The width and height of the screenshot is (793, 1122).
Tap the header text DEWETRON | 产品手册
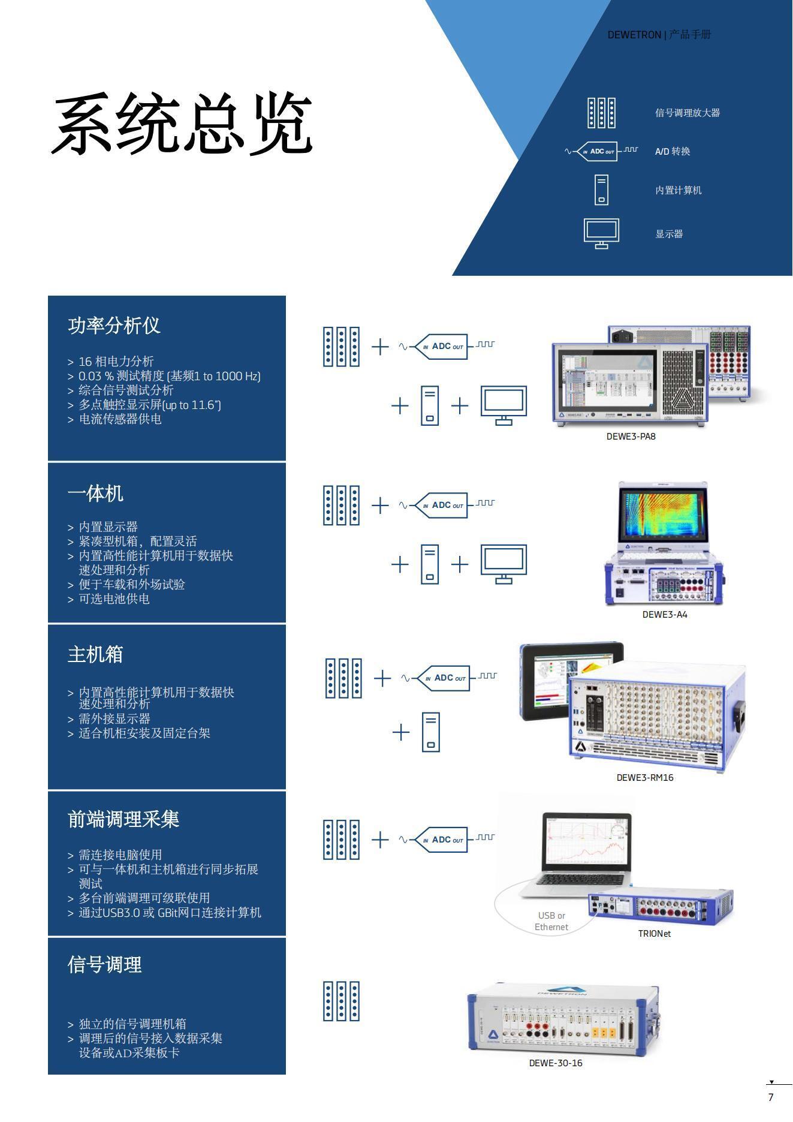coord(659,35)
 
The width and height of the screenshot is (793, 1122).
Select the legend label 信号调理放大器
coord(687,113)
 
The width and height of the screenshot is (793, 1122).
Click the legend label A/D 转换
coord(672,151)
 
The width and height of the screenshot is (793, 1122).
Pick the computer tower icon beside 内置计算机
coord(601,189)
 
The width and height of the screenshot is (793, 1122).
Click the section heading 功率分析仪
coord(114,326)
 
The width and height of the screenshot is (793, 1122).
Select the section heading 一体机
coord(95,494)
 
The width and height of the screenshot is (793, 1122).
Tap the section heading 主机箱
coord(95,654)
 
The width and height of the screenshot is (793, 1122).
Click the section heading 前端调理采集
coord(123,819)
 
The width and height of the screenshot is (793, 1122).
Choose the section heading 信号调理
coord(105,965)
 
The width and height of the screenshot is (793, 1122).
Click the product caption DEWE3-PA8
coord(631,437)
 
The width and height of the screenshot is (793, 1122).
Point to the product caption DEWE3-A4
coord(664,615)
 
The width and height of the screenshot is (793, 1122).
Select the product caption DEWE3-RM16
coord(644,778)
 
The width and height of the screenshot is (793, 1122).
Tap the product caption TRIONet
coord(654,934)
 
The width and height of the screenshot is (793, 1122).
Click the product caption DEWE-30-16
coord(555,1063)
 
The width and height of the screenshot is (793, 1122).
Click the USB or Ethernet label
coord(551,921)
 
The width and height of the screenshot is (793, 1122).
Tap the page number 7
coord(771,1097)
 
